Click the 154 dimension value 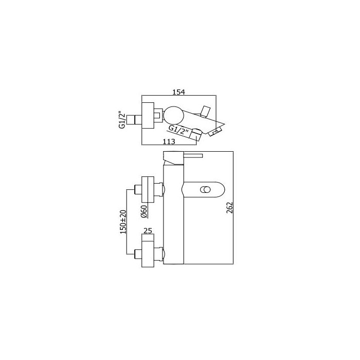(x=178, y=92)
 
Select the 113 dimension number (x=169, y=141)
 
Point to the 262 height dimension (x=229, y=208)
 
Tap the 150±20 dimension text (x=123, y=222)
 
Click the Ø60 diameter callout (x=143, y=211)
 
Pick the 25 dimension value (x=148, y=231)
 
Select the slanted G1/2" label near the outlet (x=178, y=131)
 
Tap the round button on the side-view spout (x=205, y=190)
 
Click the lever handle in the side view (x=193, y=156)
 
